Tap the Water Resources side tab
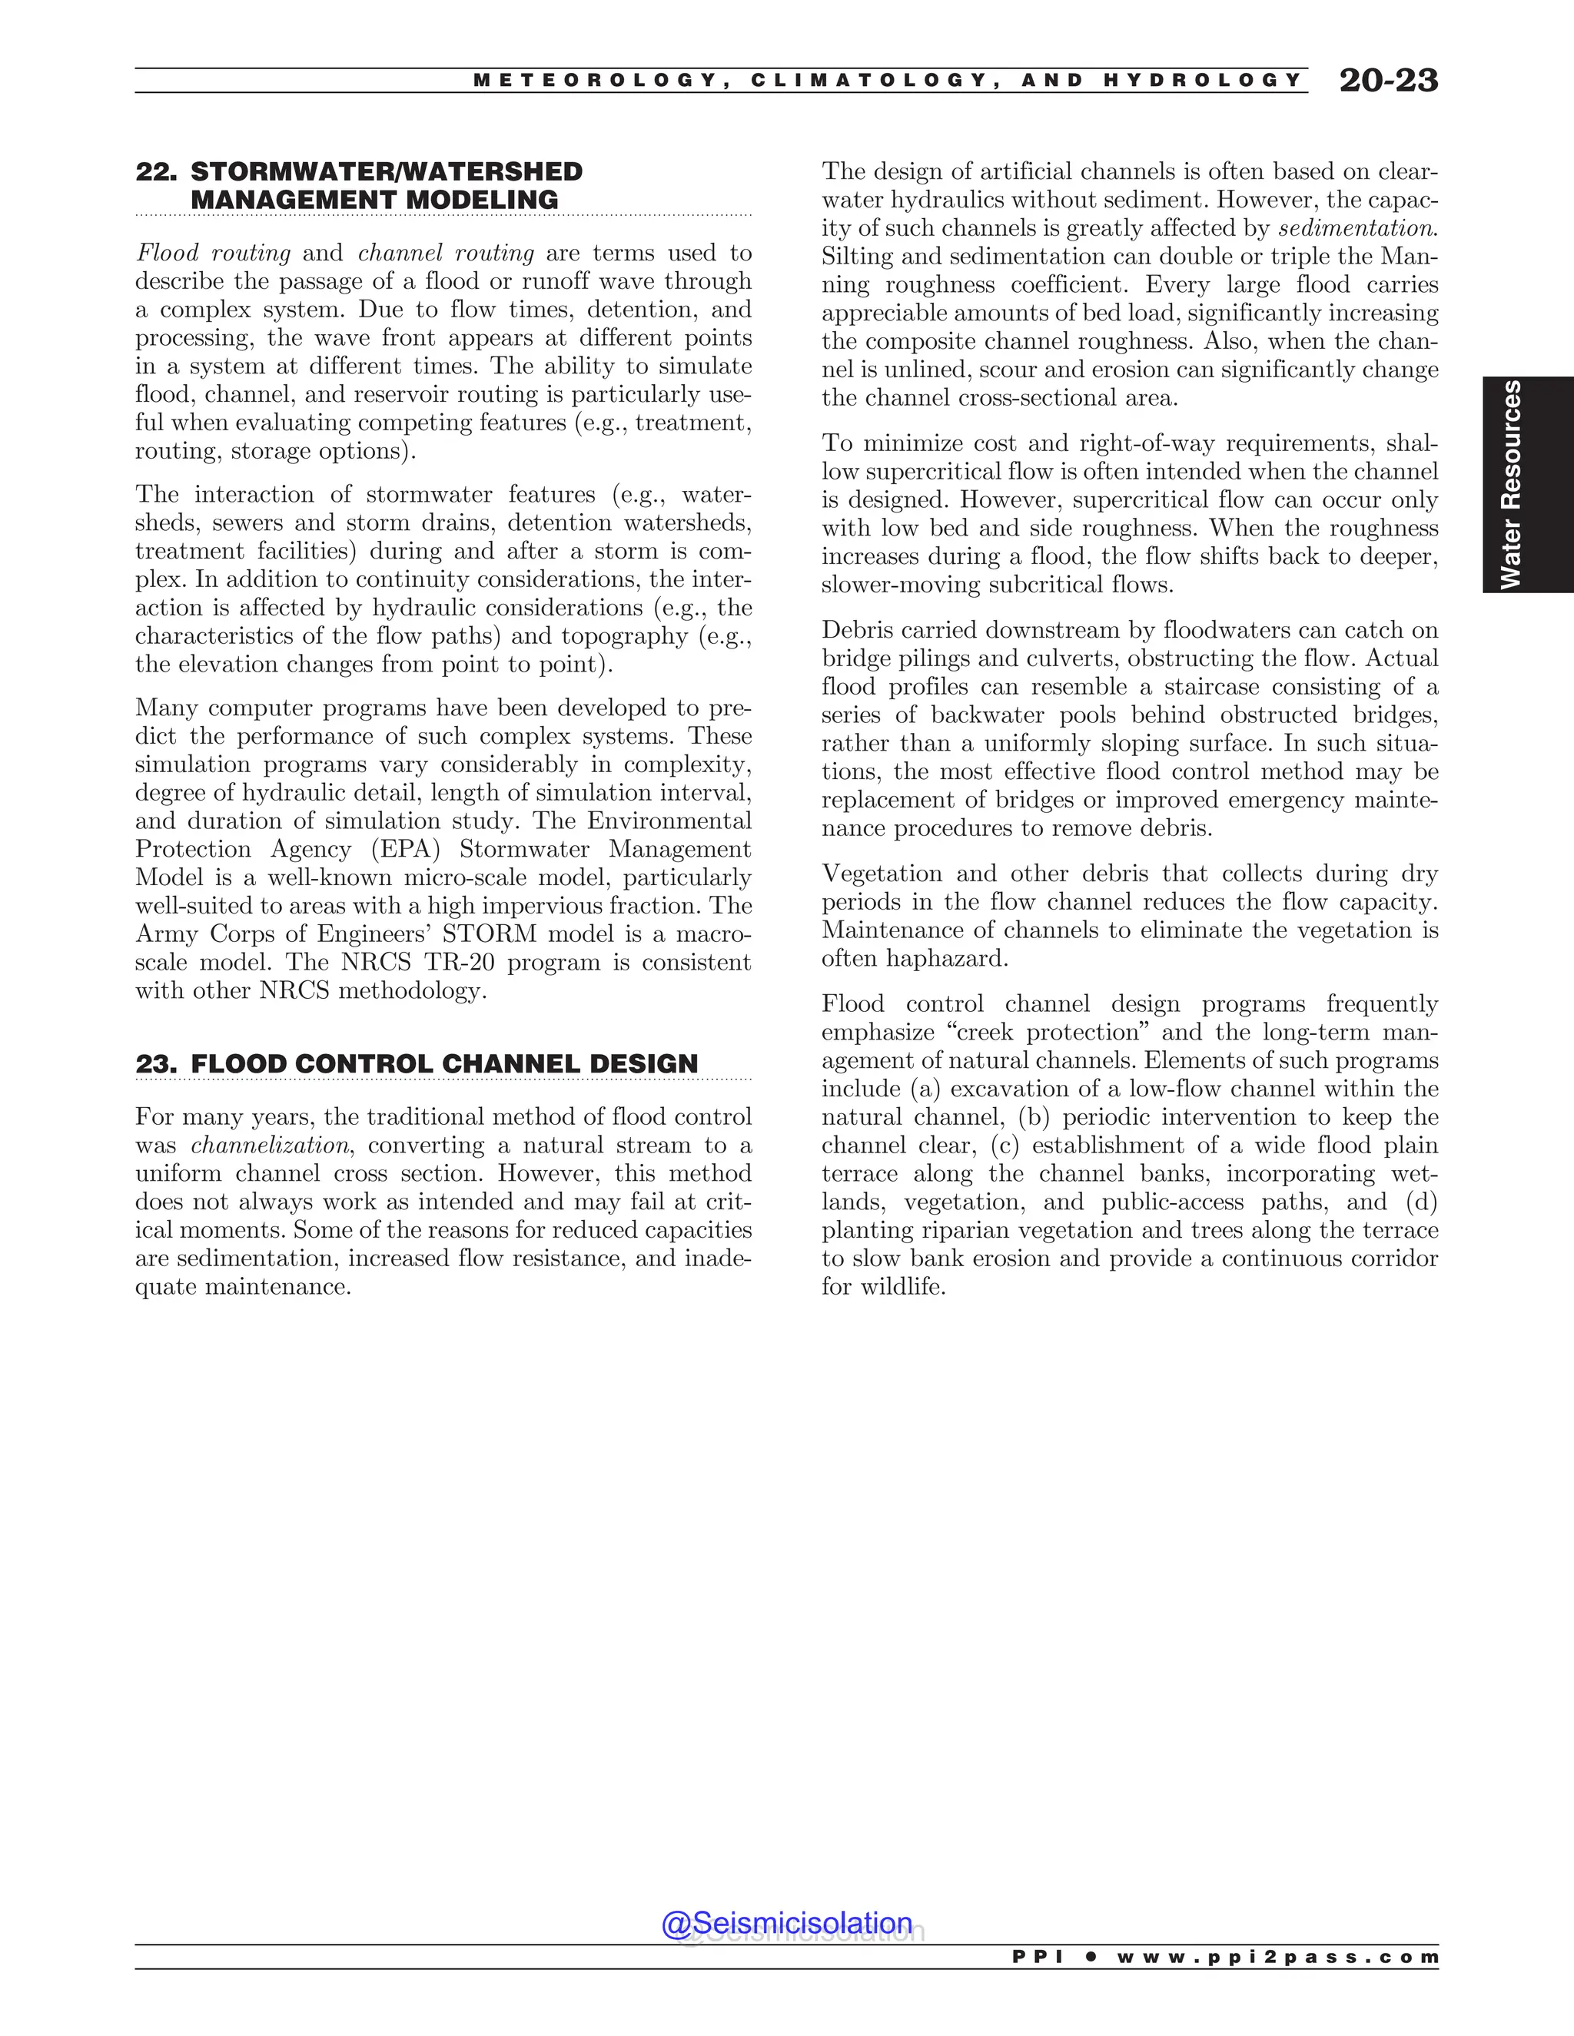click(1527, 484)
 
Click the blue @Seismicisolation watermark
click(786, 1923)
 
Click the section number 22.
click(156, 172)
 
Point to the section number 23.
click(156, 1063)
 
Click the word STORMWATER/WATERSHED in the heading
click(386, 172)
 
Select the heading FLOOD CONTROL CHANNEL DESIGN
click(444, 1063)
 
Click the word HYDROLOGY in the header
click(1202, 80)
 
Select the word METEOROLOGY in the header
click(596, 80)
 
